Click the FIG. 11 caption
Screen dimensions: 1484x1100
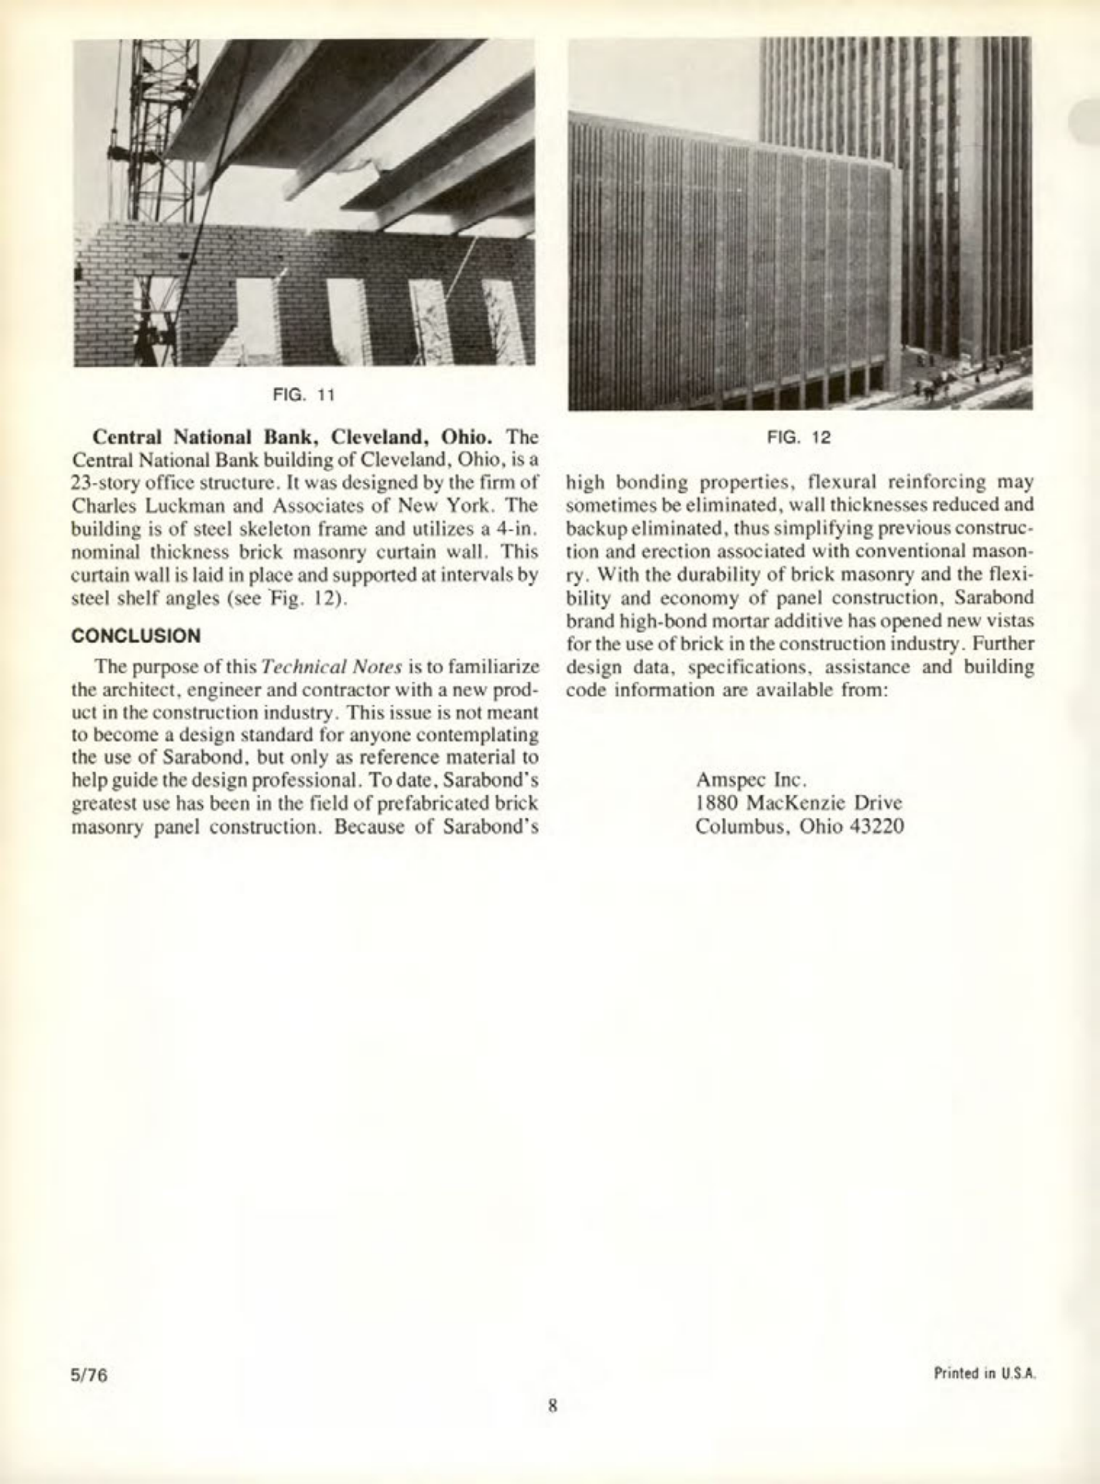[303, 395]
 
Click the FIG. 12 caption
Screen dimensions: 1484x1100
[798, 437]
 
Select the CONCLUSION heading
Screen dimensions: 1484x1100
[136, 636]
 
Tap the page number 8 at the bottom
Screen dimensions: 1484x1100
[553, 1404]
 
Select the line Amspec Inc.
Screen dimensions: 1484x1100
[742, 776]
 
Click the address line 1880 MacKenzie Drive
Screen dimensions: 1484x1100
[799, 802]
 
